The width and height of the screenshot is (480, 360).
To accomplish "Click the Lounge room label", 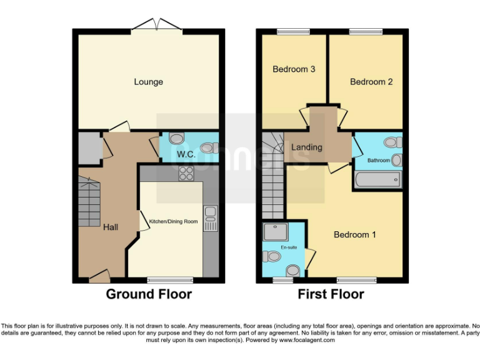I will [x=148, y=82].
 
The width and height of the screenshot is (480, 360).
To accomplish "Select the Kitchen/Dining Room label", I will [x=173, y=222].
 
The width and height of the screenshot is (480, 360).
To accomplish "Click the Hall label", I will [x=111, y=227].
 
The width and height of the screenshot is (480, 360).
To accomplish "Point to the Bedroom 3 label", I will [x=293, y=69].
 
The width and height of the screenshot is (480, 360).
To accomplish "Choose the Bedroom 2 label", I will [x=371, y=82].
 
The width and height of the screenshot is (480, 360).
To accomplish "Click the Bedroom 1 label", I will [x=354, y=235].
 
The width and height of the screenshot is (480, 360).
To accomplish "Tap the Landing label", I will [x=307, y=147].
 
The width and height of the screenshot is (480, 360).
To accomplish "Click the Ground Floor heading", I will [x=149, y=294].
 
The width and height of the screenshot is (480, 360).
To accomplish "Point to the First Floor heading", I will [x=331, y=294].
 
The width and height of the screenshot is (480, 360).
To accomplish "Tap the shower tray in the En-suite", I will [x=276, y=232].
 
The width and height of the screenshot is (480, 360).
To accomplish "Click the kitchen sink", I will [x=209, y=218].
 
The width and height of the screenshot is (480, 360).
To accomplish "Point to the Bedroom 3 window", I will [x=289, y=32].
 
